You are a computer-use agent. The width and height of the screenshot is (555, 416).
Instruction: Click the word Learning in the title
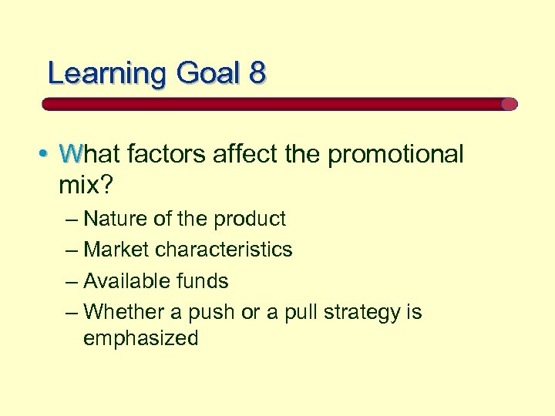pos(106,74)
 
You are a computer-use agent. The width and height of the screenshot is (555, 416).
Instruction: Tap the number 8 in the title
pos(257,74)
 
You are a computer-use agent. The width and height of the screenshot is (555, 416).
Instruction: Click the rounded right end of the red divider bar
pos(509,104)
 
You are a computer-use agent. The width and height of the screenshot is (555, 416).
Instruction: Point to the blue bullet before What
pos(47,154)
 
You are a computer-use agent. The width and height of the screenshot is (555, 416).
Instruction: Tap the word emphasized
pos(141,338)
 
